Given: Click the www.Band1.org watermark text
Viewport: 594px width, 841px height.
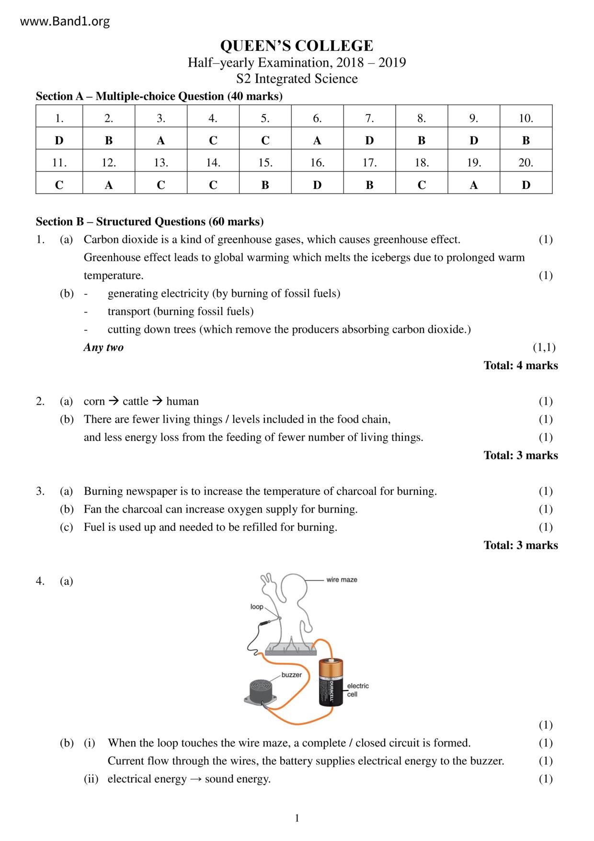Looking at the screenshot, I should [x=65, y=22].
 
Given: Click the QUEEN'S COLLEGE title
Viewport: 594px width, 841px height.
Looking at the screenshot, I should [x=297, y=46].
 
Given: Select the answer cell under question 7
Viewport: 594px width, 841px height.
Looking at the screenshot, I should [x=369, y=140].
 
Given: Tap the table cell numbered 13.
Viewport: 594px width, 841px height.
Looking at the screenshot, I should [x=161, y=163].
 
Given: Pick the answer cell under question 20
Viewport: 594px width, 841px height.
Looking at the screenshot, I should [x=525, y=185].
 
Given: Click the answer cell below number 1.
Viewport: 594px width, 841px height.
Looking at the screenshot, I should [x=59, y=140].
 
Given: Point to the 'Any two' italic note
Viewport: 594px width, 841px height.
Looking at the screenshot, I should [x=103, y=347].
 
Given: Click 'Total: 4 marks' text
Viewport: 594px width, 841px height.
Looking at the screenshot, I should [x=521, y=365].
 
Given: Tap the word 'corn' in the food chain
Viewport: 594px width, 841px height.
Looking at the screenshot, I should [x=94, y=401].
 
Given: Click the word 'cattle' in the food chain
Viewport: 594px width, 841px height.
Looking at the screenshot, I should [x=136, y=401].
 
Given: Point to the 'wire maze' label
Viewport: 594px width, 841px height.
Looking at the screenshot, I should [x=342, y=580].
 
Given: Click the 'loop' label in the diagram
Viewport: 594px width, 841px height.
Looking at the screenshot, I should [x=257, y=607].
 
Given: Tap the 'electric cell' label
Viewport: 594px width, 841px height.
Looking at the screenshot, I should [x=357, y=690].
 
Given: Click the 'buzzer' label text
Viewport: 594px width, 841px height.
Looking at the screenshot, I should [x=291, y=675].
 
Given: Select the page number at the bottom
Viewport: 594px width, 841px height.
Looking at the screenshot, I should [x=297, y=818].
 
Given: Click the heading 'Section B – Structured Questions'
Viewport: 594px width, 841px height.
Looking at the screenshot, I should [x=149, y=222].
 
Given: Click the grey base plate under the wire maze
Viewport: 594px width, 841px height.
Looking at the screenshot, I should [x=290, y=649].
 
